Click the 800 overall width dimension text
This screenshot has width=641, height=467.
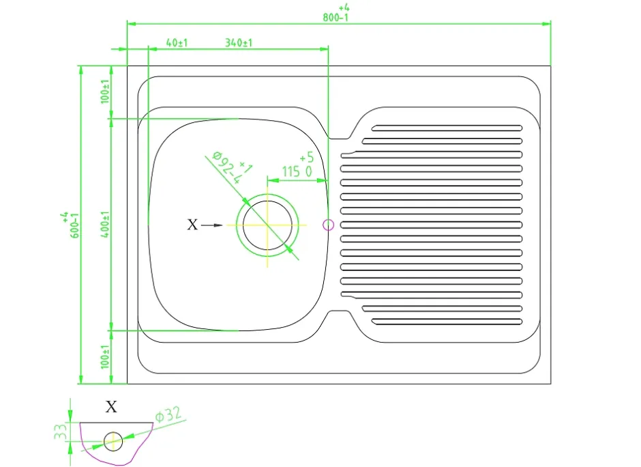(336, 18)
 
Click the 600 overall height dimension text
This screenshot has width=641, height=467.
(75, 225)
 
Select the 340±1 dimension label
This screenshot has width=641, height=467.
(239, 42)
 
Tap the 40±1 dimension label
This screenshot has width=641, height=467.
(177, 42)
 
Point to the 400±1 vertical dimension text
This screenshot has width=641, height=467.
(105, 225)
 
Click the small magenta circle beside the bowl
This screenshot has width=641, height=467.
(328, 225)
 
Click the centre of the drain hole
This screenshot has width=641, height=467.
(267, 225)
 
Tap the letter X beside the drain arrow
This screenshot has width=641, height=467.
(192, 225)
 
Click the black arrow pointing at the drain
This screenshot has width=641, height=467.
(212, 225)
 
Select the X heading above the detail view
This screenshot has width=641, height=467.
(111, 407)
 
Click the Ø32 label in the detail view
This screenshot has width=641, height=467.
(168, 414)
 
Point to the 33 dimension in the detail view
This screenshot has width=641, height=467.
(61, 431)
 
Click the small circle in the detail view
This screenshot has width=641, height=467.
(113, 442)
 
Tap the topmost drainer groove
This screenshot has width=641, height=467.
(447, 128)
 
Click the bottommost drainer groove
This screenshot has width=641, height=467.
(447, 322)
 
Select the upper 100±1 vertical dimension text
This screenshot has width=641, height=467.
(105, 91)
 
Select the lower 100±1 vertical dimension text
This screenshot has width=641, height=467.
(105, 357)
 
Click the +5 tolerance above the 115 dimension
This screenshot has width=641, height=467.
(307, 157)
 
